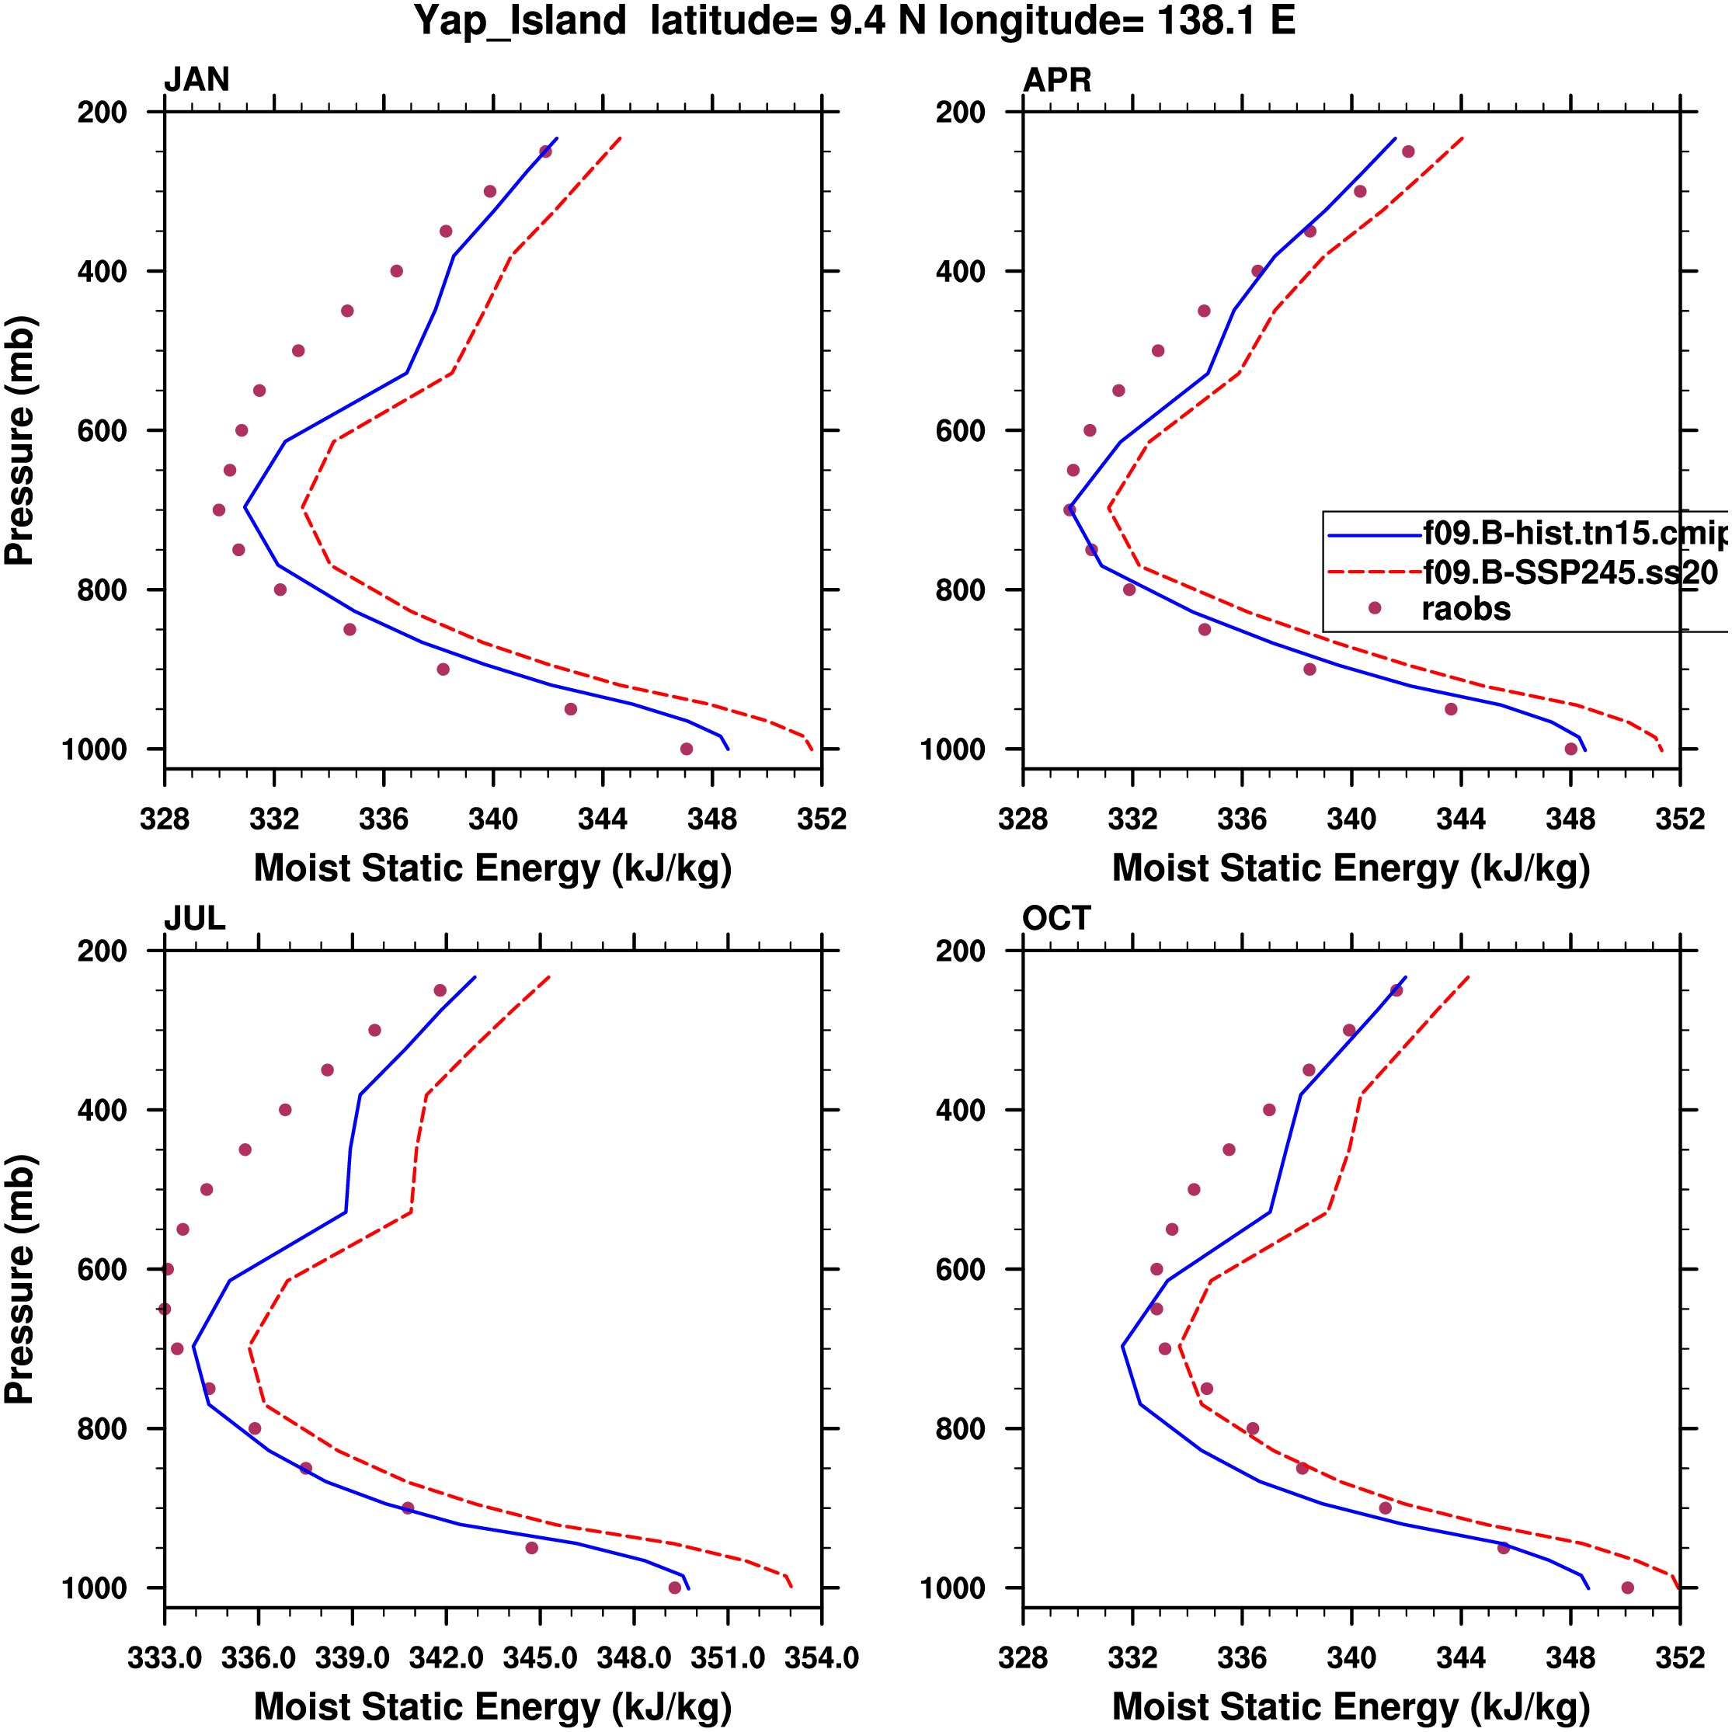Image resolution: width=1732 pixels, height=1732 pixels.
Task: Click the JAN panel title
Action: coord(197,81)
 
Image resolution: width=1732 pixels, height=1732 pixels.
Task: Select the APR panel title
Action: coord(1057,81)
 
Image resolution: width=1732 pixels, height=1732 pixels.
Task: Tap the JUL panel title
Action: coord(194,919)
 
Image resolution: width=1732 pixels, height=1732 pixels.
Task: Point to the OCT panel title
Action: coord(1056,919)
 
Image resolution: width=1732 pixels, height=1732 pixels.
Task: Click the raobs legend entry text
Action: coord(1466,610)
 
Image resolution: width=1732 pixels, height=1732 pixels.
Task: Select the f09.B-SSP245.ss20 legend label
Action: coord(1570,572)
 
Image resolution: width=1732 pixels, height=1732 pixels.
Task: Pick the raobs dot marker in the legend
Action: coord(1374,609)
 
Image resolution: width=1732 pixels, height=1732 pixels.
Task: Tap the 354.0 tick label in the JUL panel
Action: coord(821,1658)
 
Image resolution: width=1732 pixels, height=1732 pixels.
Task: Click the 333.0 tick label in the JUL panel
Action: coord(165,1658)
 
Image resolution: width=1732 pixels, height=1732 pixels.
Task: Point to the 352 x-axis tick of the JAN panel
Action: coord(821,819)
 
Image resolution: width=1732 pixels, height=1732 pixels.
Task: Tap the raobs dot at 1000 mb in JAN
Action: coord(687,749)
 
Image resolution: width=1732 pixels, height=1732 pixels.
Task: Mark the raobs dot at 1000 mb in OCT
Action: coord(1628,1588)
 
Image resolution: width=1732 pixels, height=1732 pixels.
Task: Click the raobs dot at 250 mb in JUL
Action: coord(440,990)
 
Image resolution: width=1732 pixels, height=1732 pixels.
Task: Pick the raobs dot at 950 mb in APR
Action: coord(1452,710)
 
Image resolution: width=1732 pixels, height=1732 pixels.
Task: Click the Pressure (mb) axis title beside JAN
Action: coord(19,440)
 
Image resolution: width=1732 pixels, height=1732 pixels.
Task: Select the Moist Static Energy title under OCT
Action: coord(1351,1707)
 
